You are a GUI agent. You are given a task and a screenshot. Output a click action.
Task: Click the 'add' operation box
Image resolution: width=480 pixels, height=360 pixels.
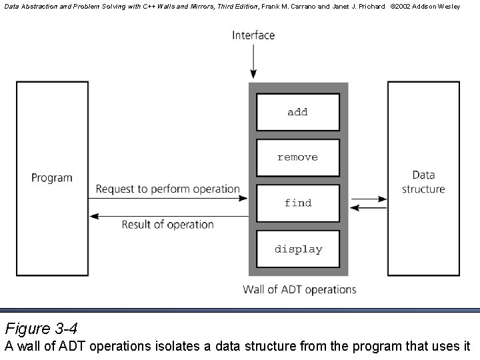(298, 112)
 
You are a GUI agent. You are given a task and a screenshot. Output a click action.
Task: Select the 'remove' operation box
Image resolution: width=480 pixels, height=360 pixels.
(298, 157)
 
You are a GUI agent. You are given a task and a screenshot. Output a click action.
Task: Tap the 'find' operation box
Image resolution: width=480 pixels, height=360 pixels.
(298, 203)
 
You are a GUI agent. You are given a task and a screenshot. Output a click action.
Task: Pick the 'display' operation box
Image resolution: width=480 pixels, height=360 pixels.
(298, 249)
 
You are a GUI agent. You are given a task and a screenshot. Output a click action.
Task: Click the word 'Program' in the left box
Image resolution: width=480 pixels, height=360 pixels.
(52, 177)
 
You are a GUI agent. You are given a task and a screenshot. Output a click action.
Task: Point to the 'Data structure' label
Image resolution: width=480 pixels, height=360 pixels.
(423, 182)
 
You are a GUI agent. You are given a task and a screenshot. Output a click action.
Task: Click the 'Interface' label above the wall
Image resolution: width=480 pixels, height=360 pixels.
(253, 35)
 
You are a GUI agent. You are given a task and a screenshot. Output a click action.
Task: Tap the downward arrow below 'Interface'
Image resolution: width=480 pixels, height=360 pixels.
(253, 63)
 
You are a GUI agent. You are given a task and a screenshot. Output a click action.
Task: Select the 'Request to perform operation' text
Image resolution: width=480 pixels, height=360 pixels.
(167, 189)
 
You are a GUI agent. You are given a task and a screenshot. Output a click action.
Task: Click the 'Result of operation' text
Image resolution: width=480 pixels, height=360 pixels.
(167, 225)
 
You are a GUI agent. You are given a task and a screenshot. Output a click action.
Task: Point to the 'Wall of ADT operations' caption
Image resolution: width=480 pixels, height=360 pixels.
(299, 289)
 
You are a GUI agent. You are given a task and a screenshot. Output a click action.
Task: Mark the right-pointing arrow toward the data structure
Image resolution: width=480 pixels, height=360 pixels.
(369, 199)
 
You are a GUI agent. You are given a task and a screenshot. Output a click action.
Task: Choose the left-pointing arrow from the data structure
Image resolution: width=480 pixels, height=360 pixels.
(369, 208)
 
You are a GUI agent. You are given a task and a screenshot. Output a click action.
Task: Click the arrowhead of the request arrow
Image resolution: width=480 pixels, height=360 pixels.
(244, 198)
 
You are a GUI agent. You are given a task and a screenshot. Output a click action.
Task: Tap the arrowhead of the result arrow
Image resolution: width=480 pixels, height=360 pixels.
(94, 215)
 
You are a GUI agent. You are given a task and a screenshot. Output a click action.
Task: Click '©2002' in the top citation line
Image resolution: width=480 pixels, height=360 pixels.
(403, 6)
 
